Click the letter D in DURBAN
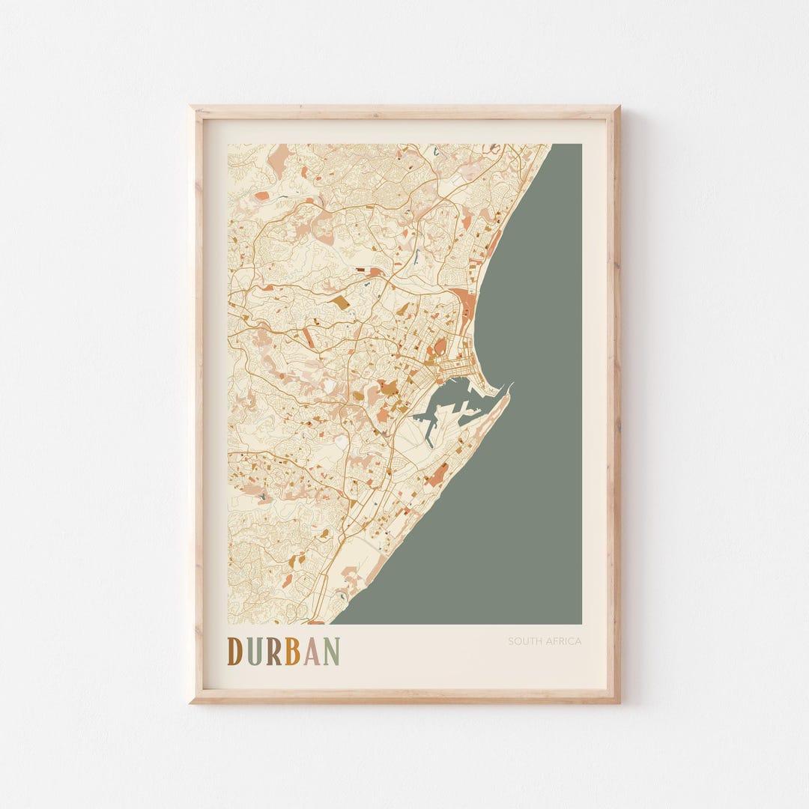click(234, 651)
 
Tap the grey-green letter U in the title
click(255, 651)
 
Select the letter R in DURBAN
click(273, 651)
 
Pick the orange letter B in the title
click(292, 651)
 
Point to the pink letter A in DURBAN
click(311, 651)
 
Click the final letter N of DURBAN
click(331, 651)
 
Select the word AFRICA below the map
click(564, 641)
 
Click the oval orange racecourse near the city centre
click(440, 346)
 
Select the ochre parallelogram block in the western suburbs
click(340, 302)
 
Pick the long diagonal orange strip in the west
click(309, 336)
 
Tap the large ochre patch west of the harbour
click(388, 387)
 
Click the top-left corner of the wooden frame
click(192, 108)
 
